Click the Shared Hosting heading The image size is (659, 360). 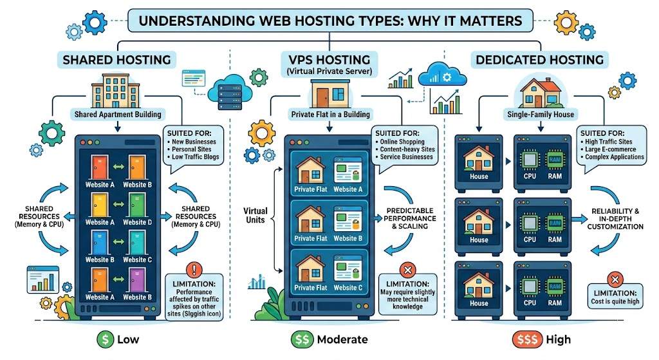(116, 61)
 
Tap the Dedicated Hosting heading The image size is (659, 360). (539, 61)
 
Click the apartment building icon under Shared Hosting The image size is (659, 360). (115, 90)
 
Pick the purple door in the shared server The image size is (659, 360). (135, 279)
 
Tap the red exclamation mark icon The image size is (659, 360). (193, 269)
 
